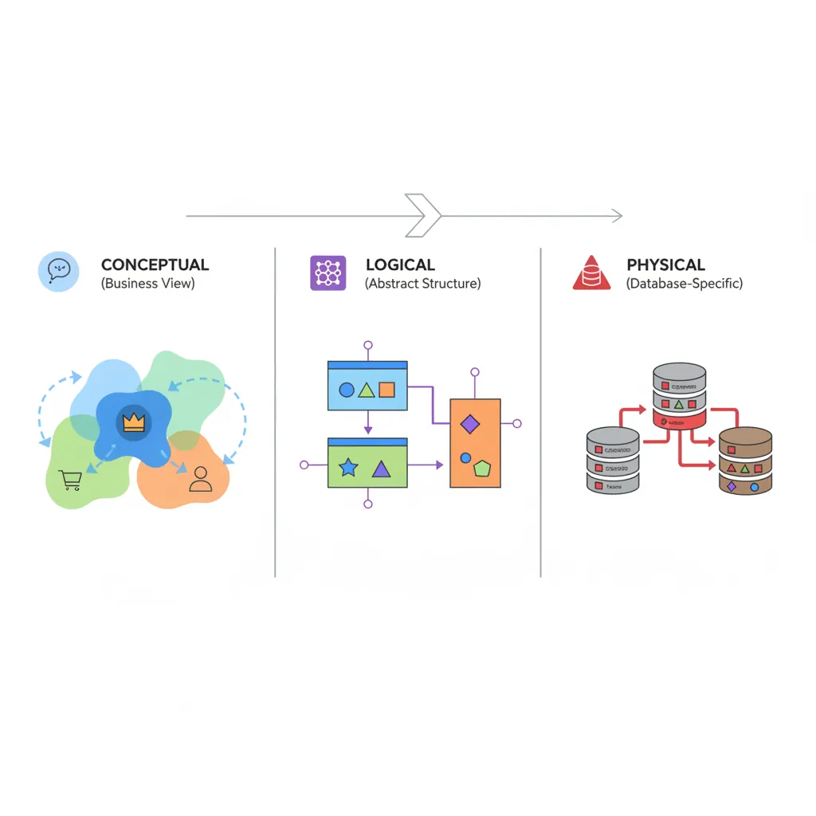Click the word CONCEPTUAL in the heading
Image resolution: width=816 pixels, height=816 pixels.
click(155, 265)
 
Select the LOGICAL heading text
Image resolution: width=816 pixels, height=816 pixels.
click(400, 265)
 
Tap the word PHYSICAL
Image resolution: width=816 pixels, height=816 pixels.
click(665, 265)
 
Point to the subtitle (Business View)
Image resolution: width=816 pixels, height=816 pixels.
click(147, 284)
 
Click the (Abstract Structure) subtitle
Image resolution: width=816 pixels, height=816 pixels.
click(422, 284)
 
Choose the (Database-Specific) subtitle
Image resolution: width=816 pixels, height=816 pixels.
click(684, 284)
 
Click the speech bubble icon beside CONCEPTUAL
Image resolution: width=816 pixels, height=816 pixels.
click(59, 271)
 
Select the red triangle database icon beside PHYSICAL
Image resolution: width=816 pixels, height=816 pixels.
click(591, 273)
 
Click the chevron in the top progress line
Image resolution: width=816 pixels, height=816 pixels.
click(423, 215)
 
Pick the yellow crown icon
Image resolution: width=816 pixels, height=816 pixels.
click(133, 422)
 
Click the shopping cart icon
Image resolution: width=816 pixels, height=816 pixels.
click(71, 480)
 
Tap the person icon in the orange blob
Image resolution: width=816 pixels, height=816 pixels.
click(201, 478)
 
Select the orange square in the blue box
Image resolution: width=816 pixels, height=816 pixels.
click(386, 390)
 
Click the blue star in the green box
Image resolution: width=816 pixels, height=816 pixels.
click(348, 468)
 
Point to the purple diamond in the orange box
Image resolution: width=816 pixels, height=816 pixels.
click(470, 424)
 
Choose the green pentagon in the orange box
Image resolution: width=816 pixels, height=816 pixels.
click(481, 469)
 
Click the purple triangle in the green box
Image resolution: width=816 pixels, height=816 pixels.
click(381, 469)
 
